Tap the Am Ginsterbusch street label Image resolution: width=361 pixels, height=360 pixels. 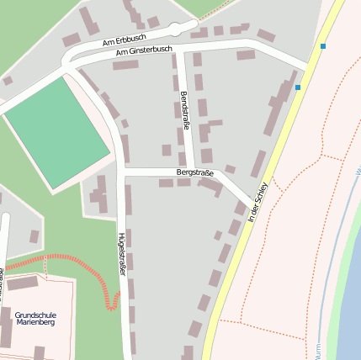tap(143, 52)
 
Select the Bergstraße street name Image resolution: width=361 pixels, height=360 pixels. tap(194, 172)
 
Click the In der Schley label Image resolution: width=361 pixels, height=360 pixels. tap(258, 202)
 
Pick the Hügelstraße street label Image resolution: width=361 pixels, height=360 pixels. tap(123, 254)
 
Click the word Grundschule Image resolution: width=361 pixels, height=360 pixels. tap(36, 315)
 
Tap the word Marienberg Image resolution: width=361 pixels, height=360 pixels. tap(36, 323)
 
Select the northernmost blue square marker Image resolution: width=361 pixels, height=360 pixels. tap(323, 46)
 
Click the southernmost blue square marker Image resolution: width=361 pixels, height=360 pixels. tap(298, 87)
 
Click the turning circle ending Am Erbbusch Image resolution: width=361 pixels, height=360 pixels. tap(177, 28)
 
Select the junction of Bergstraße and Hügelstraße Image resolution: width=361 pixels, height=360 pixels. tap(123, 171)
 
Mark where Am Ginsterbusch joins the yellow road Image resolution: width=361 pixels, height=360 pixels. tap(309, 67)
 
